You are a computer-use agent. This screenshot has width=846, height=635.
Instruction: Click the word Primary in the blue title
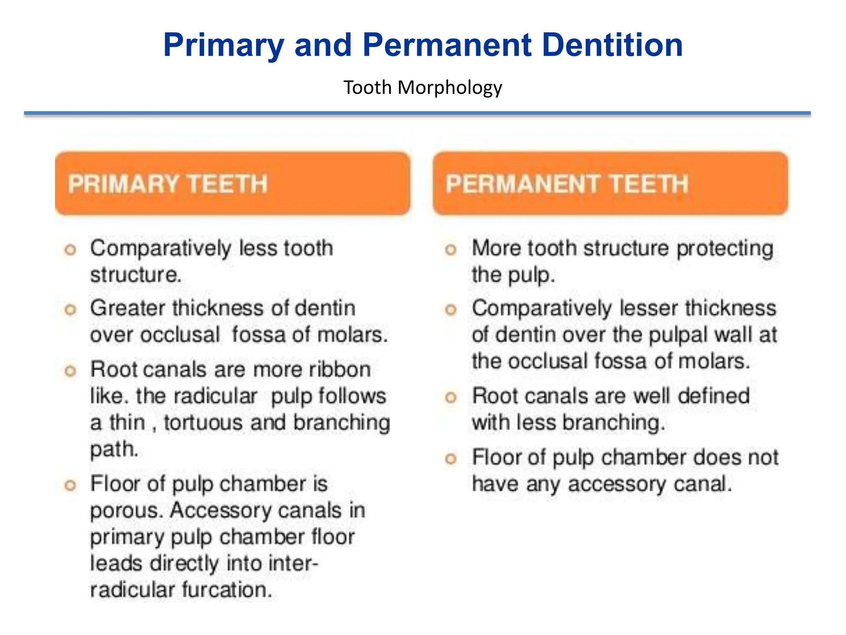[x=223, y=45]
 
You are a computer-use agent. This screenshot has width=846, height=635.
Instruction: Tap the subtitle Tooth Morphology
[x=423, y=88]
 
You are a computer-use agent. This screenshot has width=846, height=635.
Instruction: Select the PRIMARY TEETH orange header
[x=233, y=184]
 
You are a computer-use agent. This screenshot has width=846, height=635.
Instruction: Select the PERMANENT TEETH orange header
[x=610, y=184]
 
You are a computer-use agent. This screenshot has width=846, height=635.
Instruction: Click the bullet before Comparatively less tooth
[x=71, y=250]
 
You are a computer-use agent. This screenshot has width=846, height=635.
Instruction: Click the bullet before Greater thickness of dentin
[x=71, y=310]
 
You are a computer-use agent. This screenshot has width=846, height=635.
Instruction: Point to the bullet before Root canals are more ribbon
[x=71, y=371]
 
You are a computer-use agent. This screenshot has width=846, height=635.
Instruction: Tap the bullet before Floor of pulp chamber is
[x=71, y=485]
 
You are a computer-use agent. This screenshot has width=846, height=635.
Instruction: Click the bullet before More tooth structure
[x=451, y=250]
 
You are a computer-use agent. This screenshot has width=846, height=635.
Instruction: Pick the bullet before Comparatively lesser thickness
[x=451, y=310]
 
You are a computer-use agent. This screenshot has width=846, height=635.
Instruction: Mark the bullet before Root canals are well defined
[x=451, y=398]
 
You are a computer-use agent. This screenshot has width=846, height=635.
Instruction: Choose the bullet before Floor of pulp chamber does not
[x=451, y=459]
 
